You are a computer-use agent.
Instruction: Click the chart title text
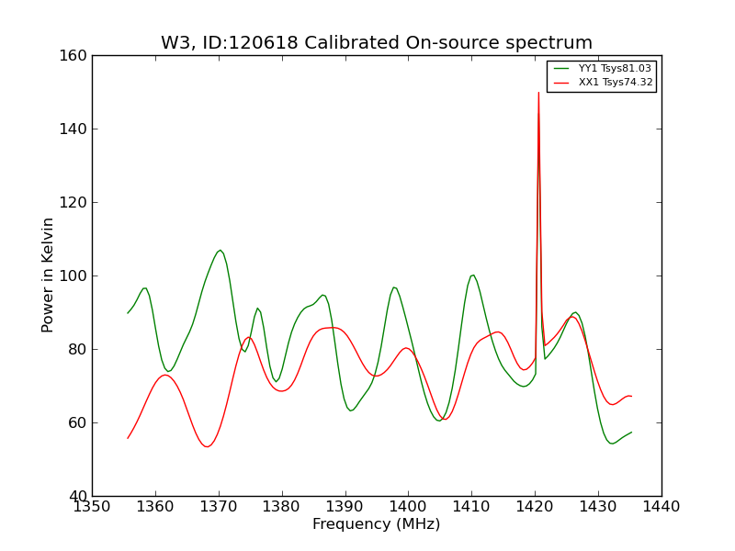click(x=377, y=43)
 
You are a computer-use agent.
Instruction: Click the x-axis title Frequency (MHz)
click(x=377, y=524)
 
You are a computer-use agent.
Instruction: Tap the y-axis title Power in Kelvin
click(x=48, y=275)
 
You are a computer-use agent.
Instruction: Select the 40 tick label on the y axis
click(x=79, y=496)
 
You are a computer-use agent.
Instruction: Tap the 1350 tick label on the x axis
click(x=92, y=507)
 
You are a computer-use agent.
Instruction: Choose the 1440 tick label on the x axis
click(x=661, y=507)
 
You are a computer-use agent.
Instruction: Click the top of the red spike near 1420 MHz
click(x=538, y=93)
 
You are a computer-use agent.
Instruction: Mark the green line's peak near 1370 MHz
click(x=220, y=250)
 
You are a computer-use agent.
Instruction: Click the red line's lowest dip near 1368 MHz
click(x=208, y=446)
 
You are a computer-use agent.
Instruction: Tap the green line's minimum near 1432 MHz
click(x=612, y=444)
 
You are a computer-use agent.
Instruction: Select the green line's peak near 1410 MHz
click(x=472, y=275)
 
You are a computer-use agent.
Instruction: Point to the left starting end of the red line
click(x=128, y=438)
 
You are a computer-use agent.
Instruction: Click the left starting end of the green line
click(x=128, y=313)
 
